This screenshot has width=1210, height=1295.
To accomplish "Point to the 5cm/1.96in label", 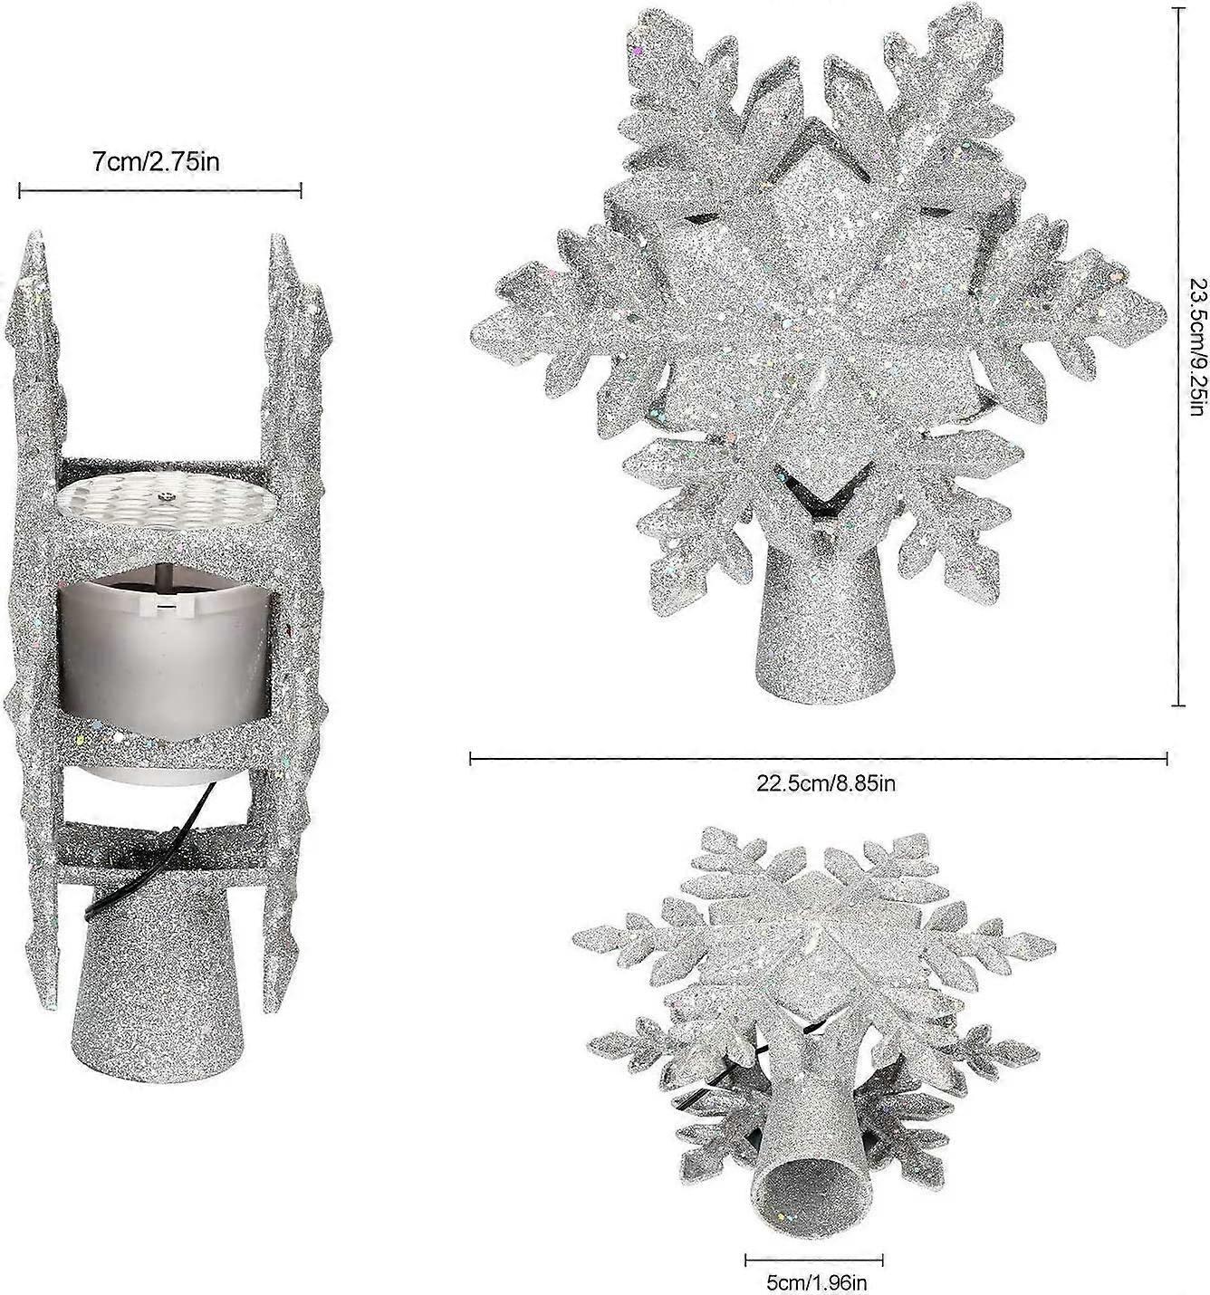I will pyautogui.click(x=814, y=1282).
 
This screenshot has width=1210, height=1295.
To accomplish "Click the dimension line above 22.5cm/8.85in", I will pyautogui.click(x=819, y=759).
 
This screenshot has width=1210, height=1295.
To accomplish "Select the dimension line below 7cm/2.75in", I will pyautogui.click(x=160, y=190).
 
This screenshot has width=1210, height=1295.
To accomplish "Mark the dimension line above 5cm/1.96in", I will pyautogui.click(x=813, y=1260).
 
